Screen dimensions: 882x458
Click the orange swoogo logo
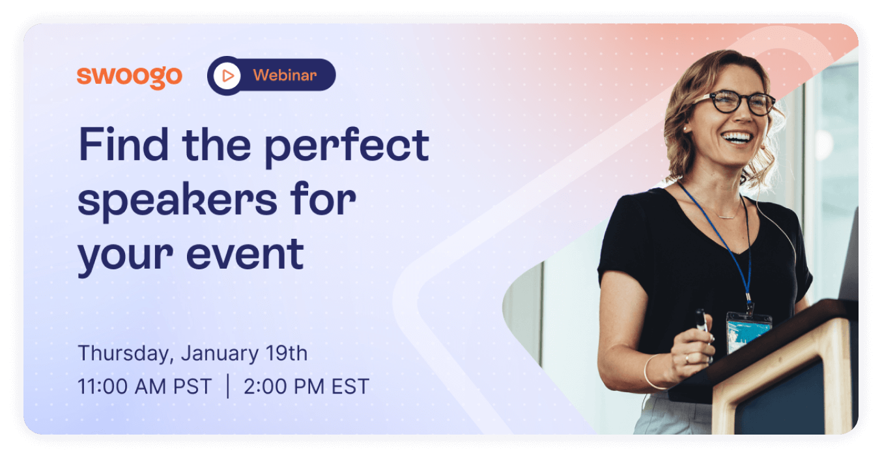point(129,77)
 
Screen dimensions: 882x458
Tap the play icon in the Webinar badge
point(227,75)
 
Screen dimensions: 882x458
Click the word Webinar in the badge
point(285,75)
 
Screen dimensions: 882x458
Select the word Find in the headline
point(124,144)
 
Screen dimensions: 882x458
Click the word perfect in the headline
point(347,148)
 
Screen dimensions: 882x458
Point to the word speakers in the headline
point(178,201)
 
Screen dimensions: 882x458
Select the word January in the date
point(220,353)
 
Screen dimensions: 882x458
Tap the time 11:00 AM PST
point(145,386)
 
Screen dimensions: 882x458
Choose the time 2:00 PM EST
point(306,386)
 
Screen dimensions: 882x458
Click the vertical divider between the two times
point(228,386)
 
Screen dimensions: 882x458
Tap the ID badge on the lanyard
point(748,331)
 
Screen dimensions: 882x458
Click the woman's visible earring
point(685,129)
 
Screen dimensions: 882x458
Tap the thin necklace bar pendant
point(726,217)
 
